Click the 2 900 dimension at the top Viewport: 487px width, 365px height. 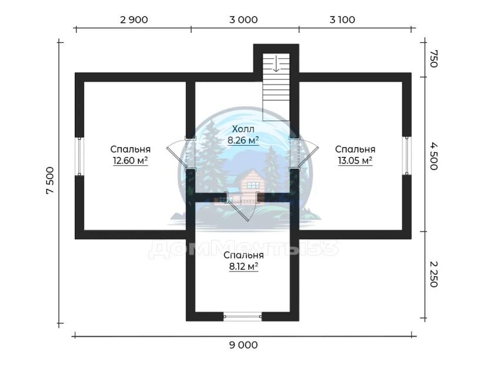tap(134, 20)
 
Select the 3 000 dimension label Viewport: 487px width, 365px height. tap(243, 20)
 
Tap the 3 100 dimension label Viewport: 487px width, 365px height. tap(342, 20)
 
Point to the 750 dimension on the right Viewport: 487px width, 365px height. tap(434, 59)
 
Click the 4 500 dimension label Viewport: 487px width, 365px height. tap(434, 156)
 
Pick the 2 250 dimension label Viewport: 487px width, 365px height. tap(434, 274)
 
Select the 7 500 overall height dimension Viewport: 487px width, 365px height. tap(50, 180)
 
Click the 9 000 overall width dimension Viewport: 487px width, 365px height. tap(243, 345)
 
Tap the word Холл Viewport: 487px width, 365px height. tap(243, 129)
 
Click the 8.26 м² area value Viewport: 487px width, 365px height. tap(243, 140)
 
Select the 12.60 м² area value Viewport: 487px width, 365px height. tap(130, 160)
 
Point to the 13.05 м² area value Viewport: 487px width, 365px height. tap(355, 160)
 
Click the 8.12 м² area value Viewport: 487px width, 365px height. tap(243, 266)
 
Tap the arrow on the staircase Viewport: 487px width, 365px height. tap(276, 63)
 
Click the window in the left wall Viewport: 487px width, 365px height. tap(79, 156)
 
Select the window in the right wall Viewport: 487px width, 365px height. tap(406, 156)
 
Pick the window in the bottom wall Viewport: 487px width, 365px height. tap(243, 316)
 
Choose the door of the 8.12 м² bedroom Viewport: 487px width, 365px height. tap(242, 206)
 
